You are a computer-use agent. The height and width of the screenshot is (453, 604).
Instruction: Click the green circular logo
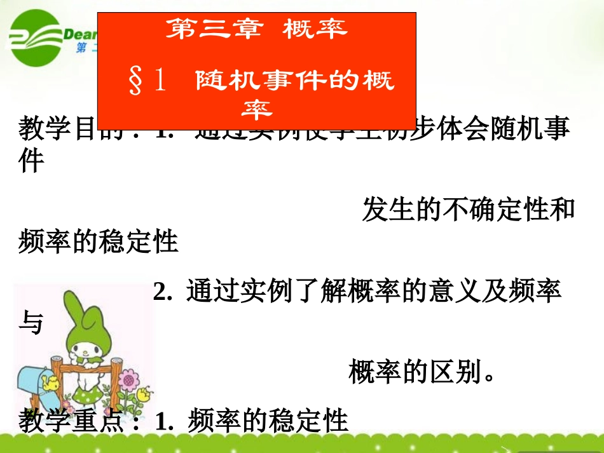(33, 39)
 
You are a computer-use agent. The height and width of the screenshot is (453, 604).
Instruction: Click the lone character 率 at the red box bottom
(257, 111)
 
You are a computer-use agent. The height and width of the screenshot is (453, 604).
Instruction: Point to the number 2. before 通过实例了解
(163, 292)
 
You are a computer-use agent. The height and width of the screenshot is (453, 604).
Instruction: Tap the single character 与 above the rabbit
(31, 323)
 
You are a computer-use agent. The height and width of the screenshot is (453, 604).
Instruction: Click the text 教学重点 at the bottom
(71, 421)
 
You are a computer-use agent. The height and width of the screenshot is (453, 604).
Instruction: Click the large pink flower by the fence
(130, 381)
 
